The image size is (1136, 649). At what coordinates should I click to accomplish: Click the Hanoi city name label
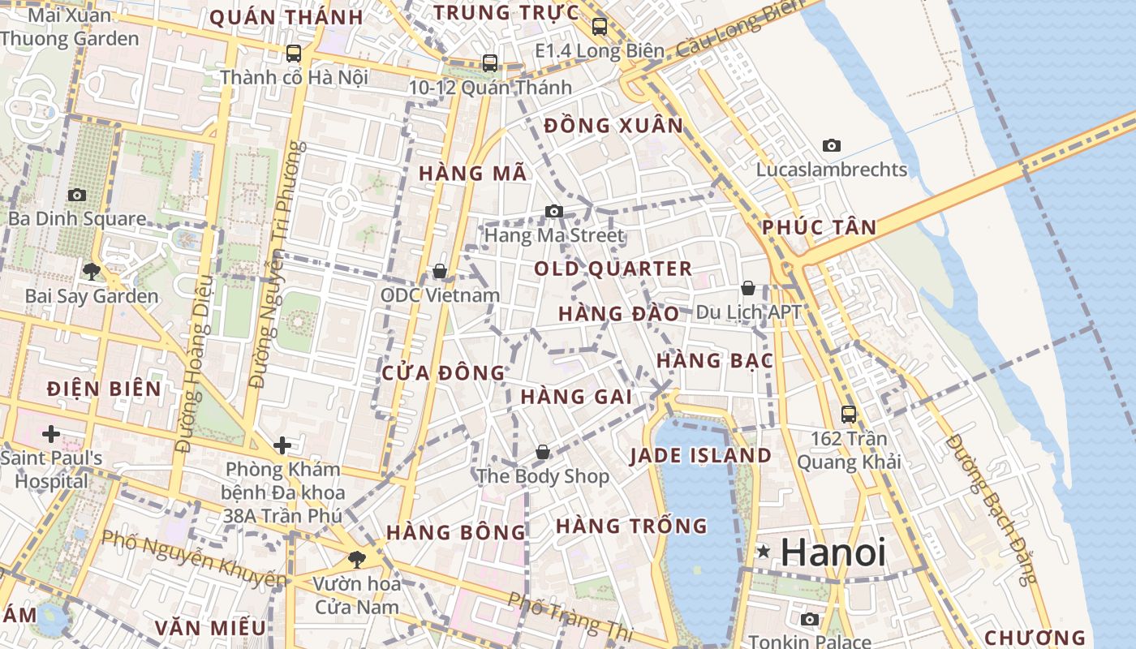pyautogui.click(x=833, y=552)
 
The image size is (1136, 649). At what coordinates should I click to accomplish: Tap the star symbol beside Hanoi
pyautogui.click(x=764, y=552)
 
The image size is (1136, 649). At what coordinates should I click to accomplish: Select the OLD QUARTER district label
pyautogui.click(x=613, y=269)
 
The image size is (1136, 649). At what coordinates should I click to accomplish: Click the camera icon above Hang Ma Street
pyautogui.click(x=554, y=211)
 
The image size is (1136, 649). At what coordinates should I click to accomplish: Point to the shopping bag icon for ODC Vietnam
pyautogui.click(x=440, y=270)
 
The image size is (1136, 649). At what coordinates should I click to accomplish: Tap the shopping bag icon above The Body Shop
pyautogui.click(x=542, y=452)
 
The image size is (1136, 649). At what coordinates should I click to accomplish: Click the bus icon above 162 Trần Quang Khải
pyautogui.click(x=849, y=414)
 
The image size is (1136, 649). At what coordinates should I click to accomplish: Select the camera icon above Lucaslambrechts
pyautogui.click(x=832, y=146)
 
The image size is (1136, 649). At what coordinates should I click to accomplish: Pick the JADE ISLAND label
pyautogui.click(x=700, y=455)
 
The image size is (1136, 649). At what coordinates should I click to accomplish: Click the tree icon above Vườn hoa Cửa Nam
pyautogui.click(x=356, y=559)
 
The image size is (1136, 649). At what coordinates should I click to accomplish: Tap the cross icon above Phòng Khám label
pyautogui.click(x=282, y=445)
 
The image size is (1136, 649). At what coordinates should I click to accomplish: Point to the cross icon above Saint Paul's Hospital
pyautogui.click(x=51, y=433)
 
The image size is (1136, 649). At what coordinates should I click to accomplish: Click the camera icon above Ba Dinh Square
pyautogui.click(x=77, y=195)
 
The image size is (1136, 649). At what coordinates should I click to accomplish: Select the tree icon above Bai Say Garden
pyautogui.click(x=91, y=271)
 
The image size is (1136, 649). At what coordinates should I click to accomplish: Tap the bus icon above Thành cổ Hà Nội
pyautogui.click(x=294, y=54)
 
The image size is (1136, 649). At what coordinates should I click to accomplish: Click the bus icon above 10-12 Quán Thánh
pyautogui.click(x=489, y=62)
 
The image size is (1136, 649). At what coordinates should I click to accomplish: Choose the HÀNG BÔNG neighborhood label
pyautogui.click(x=456, y=532)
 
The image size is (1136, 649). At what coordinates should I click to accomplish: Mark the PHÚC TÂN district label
pyautogui.click(x=820, y=227)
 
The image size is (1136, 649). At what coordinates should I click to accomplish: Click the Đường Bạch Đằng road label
pyautogui.click(x=992, y=509)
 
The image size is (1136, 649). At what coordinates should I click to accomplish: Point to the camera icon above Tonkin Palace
pyautogui.click(x=809, y=619)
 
